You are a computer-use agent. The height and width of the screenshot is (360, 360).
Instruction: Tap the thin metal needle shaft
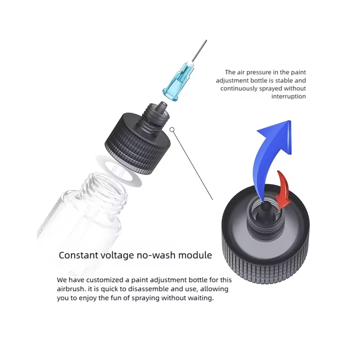(199, 51)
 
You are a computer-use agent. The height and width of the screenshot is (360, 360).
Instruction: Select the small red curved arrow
(283, 189)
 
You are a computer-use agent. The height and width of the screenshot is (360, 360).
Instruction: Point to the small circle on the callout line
(172, 130)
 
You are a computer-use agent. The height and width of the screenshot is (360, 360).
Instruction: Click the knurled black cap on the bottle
(138, 140)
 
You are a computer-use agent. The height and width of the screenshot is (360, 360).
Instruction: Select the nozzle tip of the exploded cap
(163, 106)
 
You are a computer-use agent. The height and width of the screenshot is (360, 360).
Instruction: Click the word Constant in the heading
(79, 255)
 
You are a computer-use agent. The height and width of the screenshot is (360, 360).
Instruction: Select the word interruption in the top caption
(288, 96)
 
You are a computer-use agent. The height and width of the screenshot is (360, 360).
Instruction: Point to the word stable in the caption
(284, 81)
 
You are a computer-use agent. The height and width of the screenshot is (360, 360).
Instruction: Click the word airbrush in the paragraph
(71, 289)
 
